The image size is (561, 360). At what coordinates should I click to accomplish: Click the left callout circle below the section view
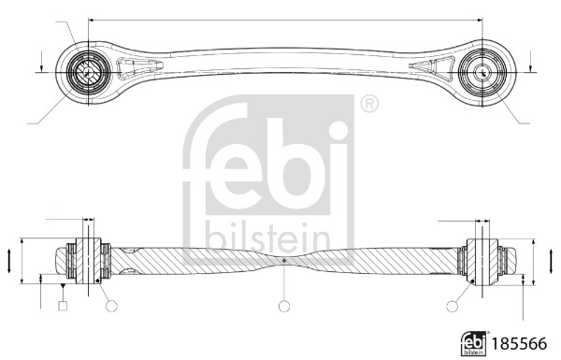pos(112,305)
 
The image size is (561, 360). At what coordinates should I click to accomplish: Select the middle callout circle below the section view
pos(284,305)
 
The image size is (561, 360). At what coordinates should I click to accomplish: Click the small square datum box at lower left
pos(63,306)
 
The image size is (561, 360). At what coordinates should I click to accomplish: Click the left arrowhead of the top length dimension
pos(91,18)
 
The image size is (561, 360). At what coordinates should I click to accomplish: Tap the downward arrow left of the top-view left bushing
pos(41,66)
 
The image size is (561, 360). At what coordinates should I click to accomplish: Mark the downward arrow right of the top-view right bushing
pos(530,66)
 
